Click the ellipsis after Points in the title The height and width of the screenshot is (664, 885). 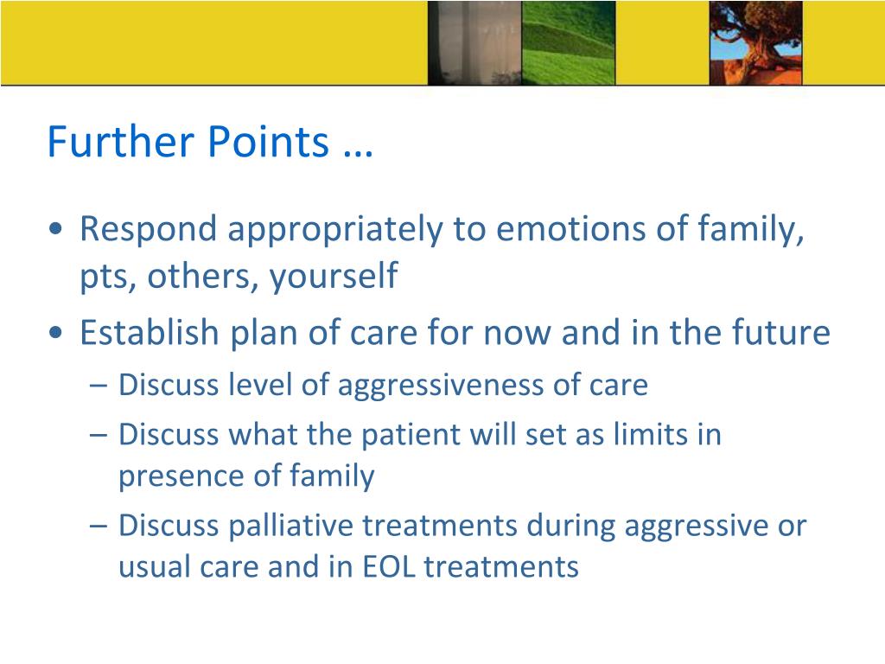[358, 152]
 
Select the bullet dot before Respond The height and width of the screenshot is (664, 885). [55, 229]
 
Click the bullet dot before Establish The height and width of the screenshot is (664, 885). [55, 332]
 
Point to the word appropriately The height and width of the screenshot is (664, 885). [335, 230]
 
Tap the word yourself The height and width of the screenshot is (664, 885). [334, 277]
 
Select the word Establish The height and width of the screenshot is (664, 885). [149, 332]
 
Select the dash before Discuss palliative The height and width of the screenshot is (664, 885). [98, 527]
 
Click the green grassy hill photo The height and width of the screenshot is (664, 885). [569, 43]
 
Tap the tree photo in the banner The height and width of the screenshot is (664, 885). [755, 43]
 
